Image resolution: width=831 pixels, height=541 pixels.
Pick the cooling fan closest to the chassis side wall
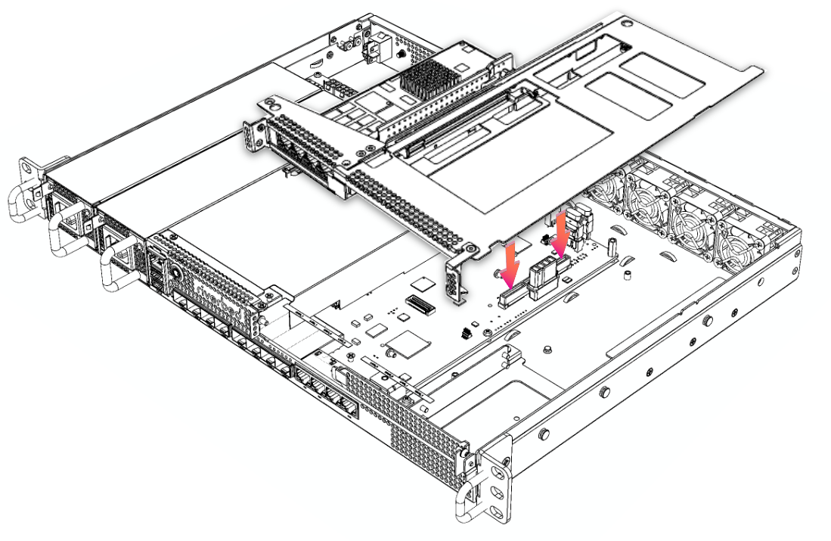(x=744, y=242)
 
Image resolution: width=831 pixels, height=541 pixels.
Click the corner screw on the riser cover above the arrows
(x=472, y=248)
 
